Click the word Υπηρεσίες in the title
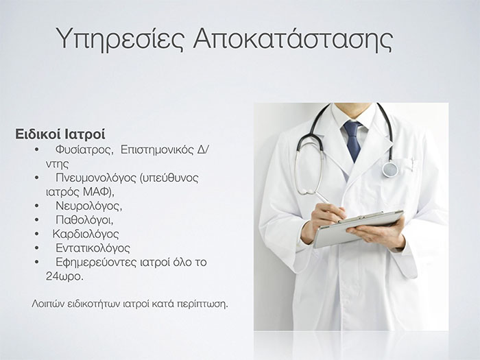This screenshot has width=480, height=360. point(121,39)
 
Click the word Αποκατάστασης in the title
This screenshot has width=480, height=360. point(293,38)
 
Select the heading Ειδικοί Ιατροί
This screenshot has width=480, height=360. point(60,134)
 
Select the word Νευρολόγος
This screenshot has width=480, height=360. point(88,206)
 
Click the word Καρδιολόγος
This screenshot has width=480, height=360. point(86,235)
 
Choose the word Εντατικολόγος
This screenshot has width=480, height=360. point(93,248)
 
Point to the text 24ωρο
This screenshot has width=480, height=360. point(64,276)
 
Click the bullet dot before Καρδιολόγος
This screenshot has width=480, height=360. point(37,234)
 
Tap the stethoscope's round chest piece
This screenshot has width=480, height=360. point(390,169)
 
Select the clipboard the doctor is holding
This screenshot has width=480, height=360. point(358,228)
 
